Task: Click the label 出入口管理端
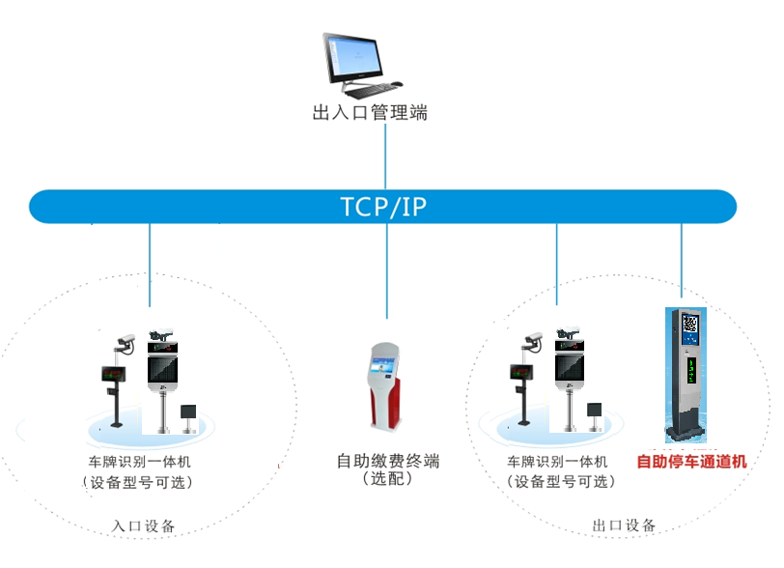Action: point(370,113)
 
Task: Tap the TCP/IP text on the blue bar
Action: point(383,206)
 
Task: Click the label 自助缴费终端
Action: point(388,461)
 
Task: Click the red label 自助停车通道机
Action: point(691,462)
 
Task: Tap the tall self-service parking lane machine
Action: point(689,377)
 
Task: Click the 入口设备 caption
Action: point(144,526)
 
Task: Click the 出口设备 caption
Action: point(624,525)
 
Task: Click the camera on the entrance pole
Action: point(123,340)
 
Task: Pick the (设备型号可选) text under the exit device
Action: point(559,481)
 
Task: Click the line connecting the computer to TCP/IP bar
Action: point(385,155)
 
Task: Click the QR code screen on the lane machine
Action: point(689,325)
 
